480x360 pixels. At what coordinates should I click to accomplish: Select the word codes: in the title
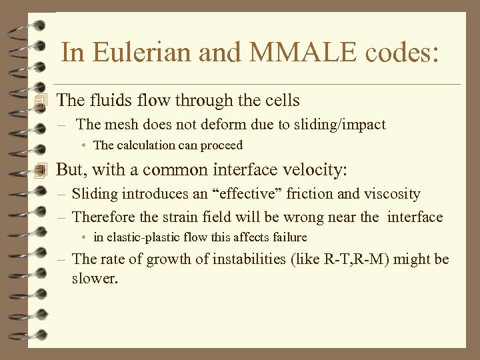398,53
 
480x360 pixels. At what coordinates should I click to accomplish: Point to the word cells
279,101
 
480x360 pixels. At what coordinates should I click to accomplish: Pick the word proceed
224,145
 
